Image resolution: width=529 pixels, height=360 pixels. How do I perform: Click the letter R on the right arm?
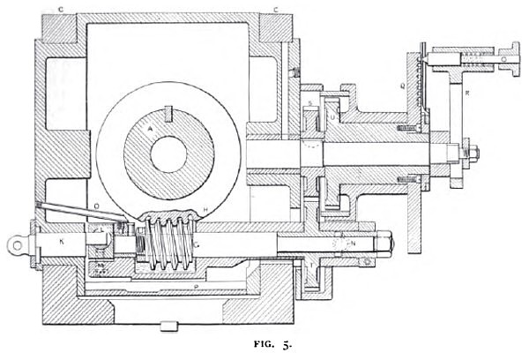[467, 91]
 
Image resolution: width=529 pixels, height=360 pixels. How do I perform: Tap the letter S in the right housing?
[311, 106]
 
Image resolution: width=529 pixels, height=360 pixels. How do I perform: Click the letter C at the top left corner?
[60, 10]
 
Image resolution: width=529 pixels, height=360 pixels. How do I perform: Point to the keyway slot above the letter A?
[167, 112]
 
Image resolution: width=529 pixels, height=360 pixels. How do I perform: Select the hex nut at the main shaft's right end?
[471, 155]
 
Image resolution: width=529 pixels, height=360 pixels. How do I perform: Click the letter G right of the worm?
[198, 244]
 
